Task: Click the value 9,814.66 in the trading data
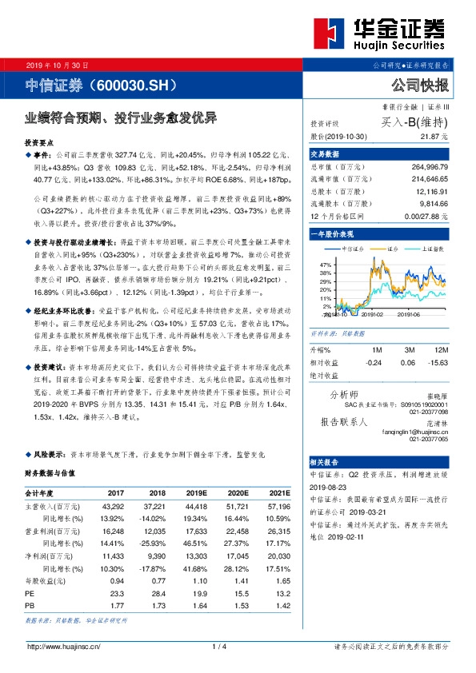pos(431,205)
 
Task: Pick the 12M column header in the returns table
pos(439,350)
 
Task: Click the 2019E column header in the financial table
pos(191,494)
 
